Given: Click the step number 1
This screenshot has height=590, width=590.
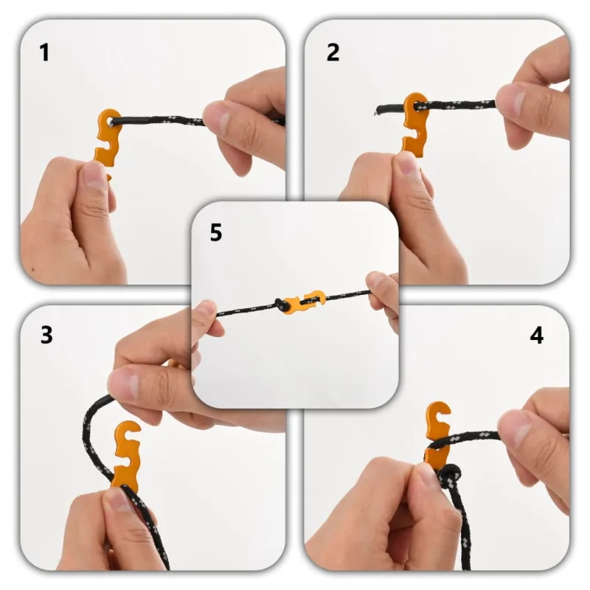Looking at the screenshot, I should point(45,53).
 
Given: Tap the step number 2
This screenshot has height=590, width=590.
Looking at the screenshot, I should point(333,53).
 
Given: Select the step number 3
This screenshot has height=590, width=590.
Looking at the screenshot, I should point(46,335).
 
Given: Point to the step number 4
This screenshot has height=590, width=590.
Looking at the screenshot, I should point(536,335).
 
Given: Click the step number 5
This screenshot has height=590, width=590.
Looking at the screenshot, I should point(215,233).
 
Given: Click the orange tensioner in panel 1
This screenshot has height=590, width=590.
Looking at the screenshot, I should point(107,141).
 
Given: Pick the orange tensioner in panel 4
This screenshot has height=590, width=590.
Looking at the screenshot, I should point(437,435).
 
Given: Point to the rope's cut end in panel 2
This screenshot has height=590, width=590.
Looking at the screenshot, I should point(378,108).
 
